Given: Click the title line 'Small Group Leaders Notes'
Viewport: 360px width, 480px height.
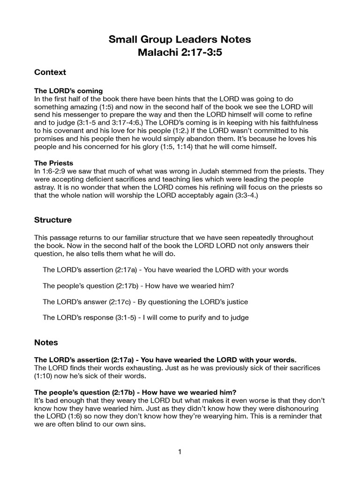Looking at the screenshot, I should (x=180, y=40).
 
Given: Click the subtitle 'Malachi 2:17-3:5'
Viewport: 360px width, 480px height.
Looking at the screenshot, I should (x=180, y=52).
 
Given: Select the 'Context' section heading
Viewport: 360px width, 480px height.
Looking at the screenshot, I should (x=50, y=72).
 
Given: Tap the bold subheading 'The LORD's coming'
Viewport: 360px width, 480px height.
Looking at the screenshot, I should (x=68, y=90).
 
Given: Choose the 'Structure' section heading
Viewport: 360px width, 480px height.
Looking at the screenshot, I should (x=53, y=219).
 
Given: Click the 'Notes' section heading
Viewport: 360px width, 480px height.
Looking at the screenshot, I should (x=46, y=342).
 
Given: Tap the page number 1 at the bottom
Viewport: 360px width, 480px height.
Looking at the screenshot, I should (x=180, y=452).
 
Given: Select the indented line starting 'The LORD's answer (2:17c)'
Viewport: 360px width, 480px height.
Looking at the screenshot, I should (x=145, y=301).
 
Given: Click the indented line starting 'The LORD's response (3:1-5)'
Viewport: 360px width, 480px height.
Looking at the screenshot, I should (x=146, y=317).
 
